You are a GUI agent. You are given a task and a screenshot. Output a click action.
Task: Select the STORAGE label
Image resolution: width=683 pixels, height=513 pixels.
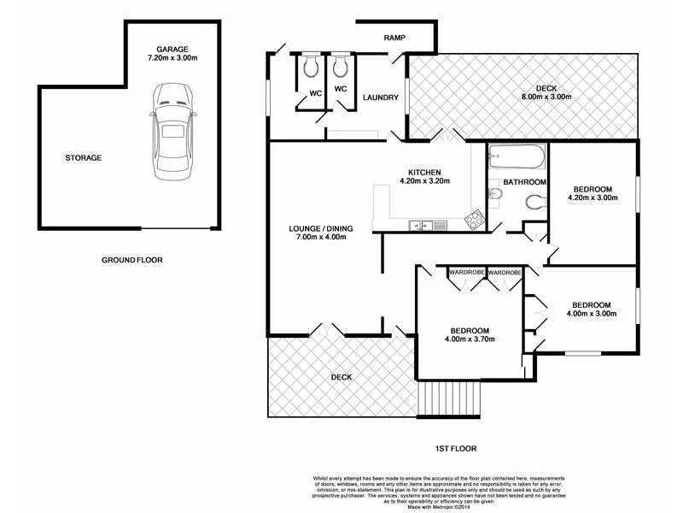84,158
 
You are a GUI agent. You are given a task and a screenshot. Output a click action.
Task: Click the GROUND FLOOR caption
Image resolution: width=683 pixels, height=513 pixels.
131,260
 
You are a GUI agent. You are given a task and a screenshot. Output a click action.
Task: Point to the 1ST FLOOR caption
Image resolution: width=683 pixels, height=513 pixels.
455,448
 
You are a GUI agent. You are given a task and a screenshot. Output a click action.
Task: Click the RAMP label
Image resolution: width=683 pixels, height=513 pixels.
394,38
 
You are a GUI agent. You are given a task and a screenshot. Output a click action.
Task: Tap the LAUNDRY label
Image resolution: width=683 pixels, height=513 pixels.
380,97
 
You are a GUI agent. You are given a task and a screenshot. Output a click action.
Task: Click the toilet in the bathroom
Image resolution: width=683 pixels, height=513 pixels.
534,203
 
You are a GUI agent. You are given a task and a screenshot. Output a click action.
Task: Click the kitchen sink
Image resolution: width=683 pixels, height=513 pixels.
418,226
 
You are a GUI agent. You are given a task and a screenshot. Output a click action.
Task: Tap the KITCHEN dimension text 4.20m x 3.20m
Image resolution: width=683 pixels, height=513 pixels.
423,181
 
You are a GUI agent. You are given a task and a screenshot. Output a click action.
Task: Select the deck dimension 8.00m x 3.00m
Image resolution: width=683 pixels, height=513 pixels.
546,97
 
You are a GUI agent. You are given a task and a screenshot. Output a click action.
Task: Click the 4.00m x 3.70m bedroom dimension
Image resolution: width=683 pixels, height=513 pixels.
470,340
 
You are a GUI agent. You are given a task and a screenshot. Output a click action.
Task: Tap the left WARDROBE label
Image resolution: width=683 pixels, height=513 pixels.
468,272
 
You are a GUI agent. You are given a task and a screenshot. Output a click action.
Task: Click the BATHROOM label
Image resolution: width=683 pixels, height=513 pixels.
524,182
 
